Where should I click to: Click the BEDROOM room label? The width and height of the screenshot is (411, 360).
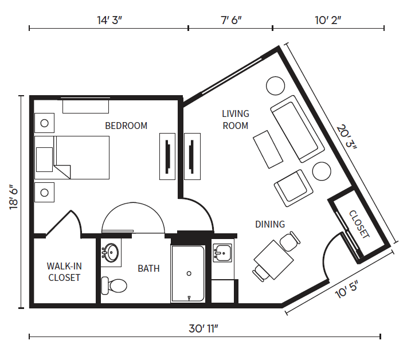(126, 126)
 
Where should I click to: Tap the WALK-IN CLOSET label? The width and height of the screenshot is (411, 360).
(64, 272)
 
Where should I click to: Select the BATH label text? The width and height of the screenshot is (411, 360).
(148, 268)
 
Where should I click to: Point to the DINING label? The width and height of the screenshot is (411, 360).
(270, 224)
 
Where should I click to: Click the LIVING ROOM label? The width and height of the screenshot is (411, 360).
(236, 120)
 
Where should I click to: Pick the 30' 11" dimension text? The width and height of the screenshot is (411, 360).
(203, 328)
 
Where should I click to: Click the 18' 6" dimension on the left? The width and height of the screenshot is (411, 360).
(14, 197)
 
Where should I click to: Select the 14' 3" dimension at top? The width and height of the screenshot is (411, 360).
(109, 20)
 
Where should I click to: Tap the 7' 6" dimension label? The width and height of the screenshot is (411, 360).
(231, 20)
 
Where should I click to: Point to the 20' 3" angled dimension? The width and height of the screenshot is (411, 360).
(347, 137)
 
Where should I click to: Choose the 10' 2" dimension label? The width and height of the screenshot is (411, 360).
(328, 20)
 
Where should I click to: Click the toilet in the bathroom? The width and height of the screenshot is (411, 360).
(114, 285)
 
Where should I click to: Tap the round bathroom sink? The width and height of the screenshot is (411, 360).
(111, 253)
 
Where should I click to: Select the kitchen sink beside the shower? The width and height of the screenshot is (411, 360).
(222, 253)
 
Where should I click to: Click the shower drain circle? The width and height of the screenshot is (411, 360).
(189, 273)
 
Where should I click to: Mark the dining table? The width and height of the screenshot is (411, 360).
(273, 260)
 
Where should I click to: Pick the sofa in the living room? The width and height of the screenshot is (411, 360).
(298, 129)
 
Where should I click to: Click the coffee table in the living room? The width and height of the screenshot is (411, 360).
(268, 149)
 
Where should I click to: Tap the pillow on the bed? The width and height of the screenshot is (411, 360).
(44, 160)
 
